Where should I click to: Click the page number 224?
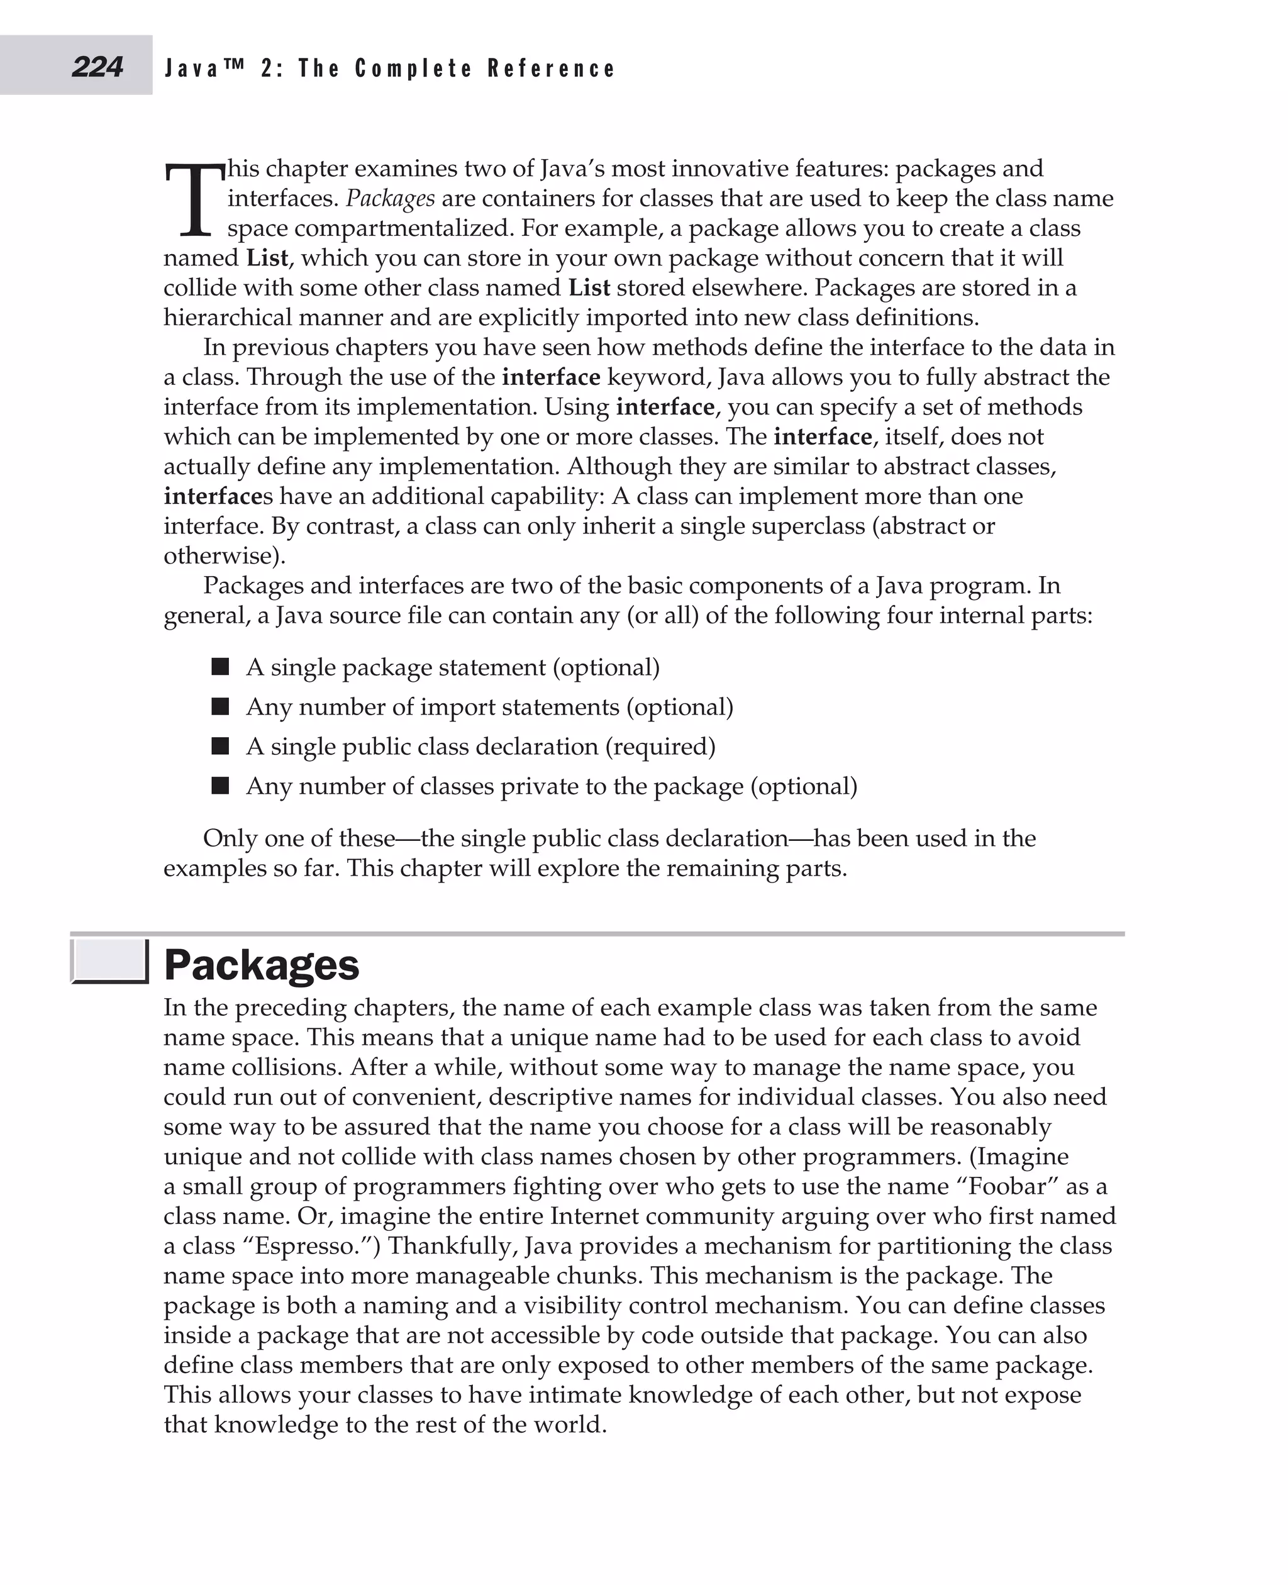97,67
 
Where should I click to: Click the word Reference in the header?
552,69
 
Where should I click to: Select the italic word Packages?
391,199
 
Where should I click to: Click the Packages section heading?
261,965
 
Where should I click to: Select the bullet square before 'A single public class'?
220,746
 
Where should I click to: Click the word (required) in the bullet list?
660,747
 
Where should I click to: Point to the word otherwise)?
225,556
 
